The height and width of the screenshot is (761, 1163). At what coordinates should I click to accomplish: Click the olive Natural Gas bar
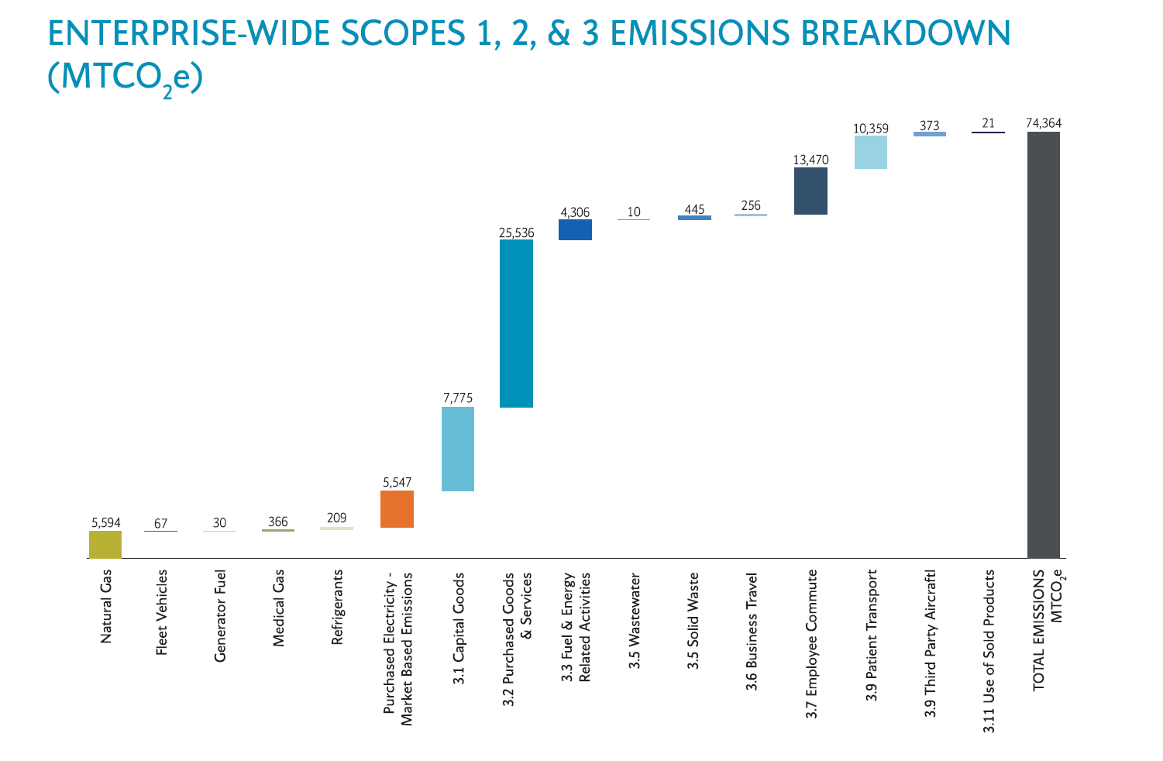pos(105,544)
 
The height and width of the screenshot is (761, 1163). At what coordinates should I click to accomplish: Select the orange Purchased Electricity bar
pos(397,509)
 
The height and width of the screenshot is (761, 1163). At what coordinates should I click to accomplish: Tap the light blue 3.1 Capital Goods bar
pos(458,449)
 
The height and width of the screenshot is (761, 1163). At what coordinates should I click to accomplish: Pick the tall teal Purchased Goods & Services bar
pos(516,323)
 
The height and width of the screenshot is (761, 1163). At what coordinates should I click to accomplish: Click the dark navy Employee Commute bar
pos(810,191)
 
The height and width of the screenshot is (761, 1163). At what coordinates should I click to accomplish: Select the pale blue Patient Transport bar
pos(871,152)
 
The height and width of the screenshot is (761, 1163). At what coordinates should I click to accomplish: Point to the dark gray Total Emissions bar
pos(1043,345)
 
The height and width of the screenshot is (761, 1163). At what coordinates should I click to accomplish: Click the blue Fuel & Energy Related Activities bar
pos(575,229)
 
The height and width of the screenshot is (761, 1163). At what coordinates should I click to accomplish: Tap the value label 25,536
pos(516,232)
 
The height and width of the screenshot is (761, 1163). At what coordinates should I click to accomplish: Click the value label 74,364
pos(1043,123)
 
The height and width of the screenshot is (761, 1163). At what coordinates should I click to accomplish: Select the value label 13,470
pos(810,160)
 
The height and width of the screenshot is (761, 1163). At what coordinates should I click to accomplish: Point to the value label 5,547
pos(397,482)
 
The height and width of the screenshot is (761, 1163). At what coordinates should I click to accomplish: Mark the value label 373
pos(930,126)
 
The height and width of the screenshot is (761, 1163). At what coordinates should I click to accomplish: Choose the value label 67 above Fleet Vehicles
pos(160,524)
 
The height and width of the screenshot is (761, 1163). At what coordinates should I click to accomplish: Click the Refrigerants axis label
pos(337,607)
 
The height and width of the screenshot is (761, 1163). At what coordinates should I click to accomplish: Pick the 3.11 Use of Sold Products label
pos(989,651)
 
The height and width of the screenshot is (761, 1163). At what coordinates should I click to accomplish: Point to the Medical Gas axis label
pos(279,608)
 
